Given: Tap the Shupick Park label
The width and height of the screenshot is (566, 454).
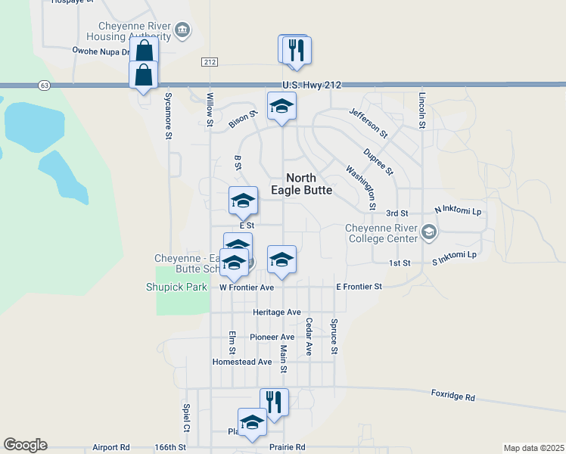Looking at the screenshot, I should [x=176, y=287].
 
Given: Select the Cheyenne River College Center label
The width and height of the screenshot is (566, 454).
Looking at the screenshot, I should [x=381, y=233].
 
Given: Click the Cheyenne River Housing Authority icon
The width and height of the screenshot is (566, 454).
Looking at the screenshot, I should [x=182, y=30].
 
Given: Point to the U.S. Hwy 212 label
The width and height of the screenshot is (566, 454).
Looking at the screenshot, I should [x=312, y=85].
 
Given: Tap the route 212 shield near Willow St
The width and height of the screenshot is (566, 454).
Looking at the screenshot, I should [x=210, y=61].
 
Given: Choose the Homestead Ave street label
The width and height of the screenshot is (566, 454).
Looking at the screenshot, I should [x=242, y=362].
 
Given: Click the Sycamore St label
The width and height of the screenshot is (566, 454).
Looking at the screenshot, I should [x=168, y=116].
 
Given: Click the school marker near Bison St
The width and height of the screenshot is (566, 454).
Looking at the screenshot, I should [x=281, y=106].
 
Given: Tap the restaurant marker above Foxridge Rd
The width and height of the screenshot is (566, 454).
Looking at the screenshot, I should [x=274, y=402].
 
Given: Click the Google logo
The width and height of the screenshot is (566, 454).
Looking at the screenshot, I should [x=25, y=445].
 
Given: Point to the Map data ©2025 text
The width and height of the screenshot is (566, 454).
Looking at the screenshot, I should [x=533, y=448].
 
